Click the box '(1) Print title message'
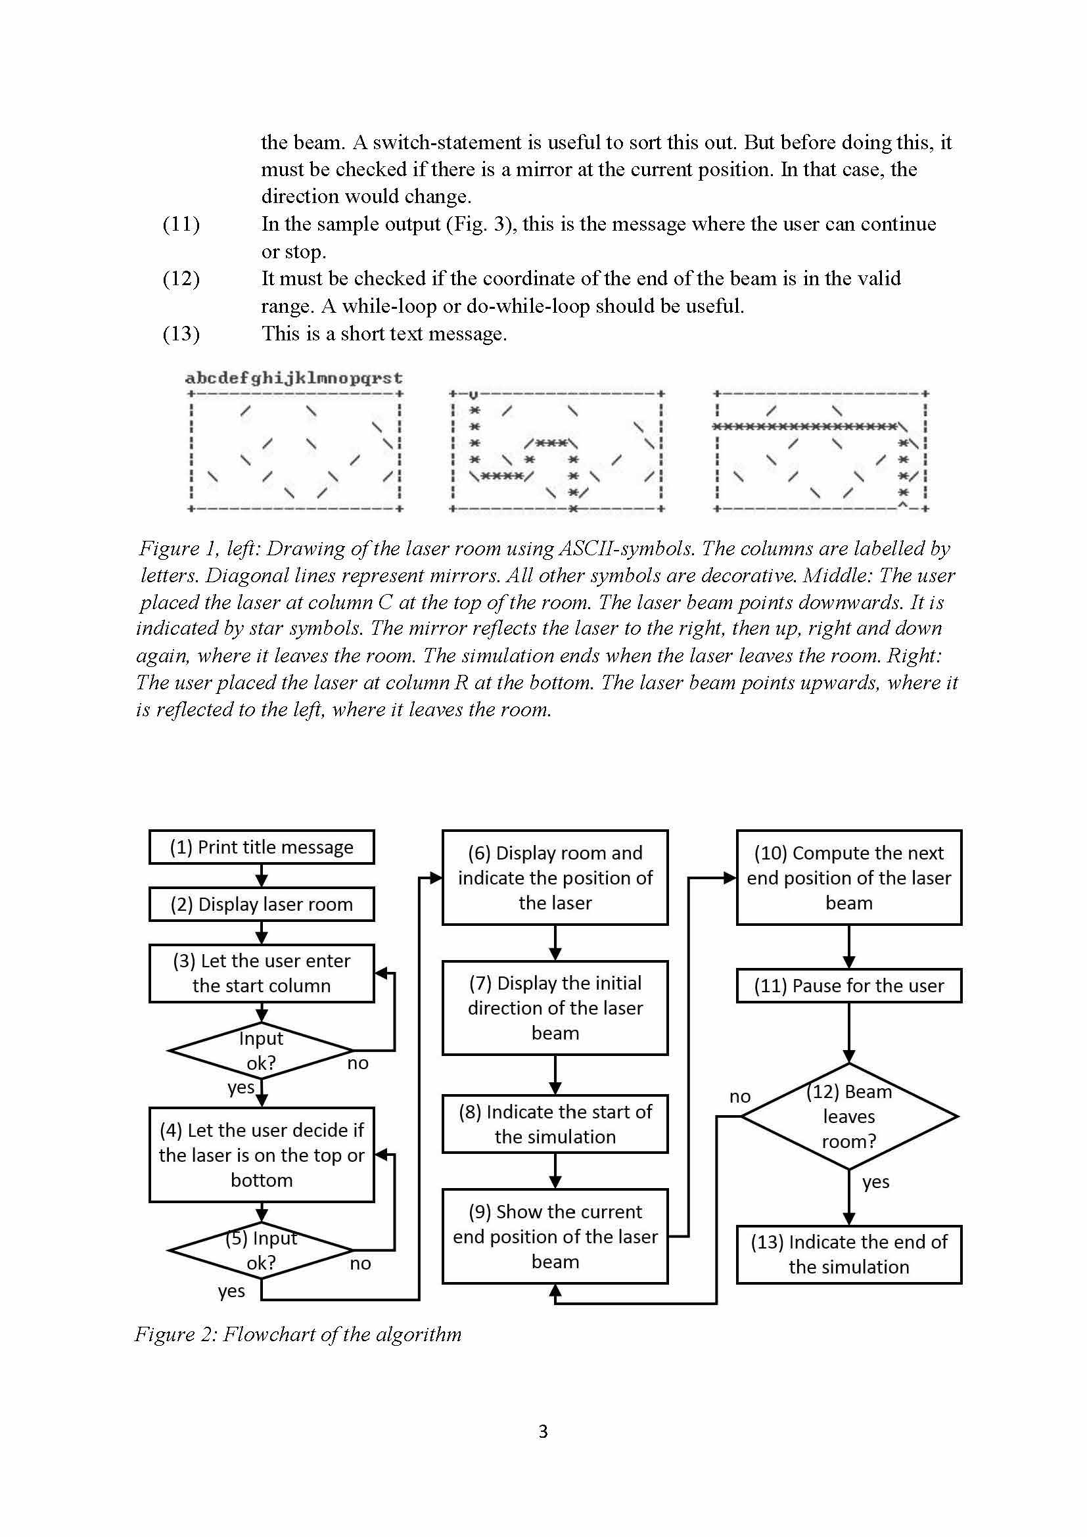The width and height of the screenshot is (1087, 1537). click(x=261, y=847)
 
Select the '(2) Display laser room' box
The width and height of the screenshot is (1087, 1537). click(x=261, y=904)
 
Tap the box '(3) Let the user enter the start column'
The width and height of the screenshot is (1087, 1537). click(x=261, y=973)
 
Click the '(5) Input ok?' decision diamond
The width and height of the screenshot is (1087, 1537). click(x=261, y=1250)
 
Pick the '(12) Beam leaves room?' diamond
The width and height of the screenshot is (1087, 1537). click(x=848, y=1116)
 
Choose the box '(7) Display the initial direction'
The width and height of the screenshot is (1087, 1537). click(x=555, y=1007)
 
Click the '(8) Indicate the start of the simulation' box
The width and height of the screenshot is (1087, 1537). click(x=555, y=1124)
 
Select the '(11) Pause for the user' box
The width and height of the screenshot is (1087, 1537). click(x=848, y=986)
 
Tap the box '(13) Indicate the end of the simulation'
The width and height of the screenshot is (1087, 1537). click(x=848, y=1254)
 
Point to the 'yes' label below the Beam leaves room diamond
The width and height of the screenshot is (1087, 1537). click(x=875, y=1181)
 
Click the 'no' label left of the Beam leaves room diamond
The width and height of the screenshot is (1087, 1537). click(x=739, y=1097)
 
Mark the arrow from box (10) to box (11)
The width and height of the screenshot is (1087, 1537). click(x=848, y=946)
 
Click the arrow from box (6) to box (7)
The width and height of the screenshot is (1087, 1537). click(x=555, y=942)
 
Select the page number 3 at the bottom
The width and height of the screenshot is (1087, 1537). click(x=543, y=1431)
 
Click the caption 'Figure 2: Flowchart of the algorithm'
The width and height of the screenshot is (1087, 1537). click(x=298, y=1334)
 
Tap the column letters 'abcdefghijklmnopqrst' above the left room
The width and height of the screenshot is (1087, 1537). click(x=294, y=379)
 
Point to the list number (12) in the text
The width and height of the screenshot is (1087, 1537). click(x=181, y=279)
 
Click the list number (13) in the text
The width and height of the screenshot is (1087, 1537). click(x=181, y=333)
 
